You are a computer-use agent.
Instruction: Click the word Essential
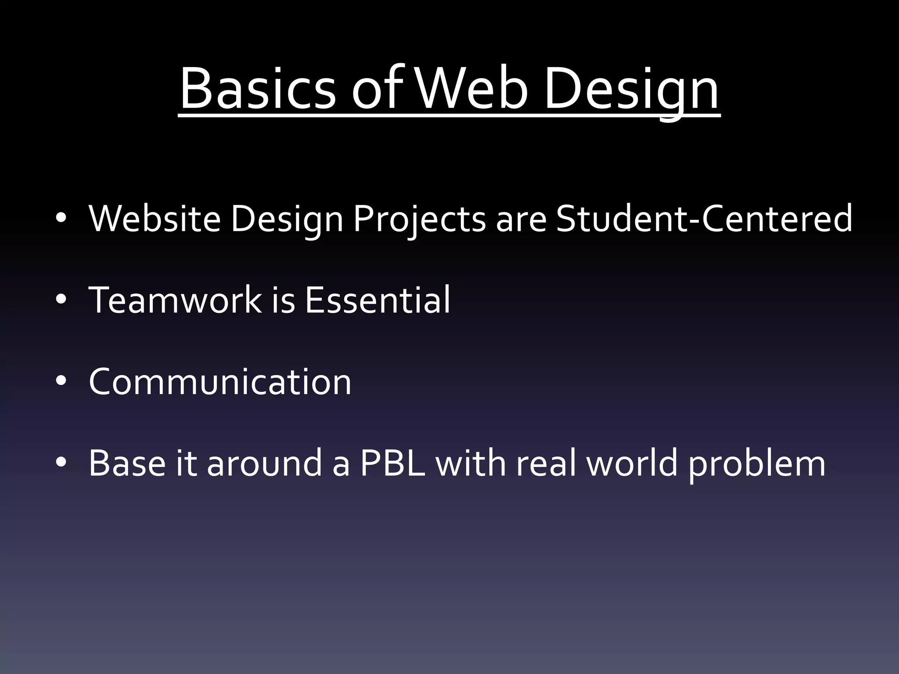tap(377, 300)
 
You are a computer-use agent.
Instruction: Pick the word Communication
tap(220, 382)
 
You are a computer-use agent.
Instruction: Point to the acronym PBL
tap(392, 463)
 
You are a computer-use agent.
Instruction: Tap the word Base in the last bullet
tap(127, 463)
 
